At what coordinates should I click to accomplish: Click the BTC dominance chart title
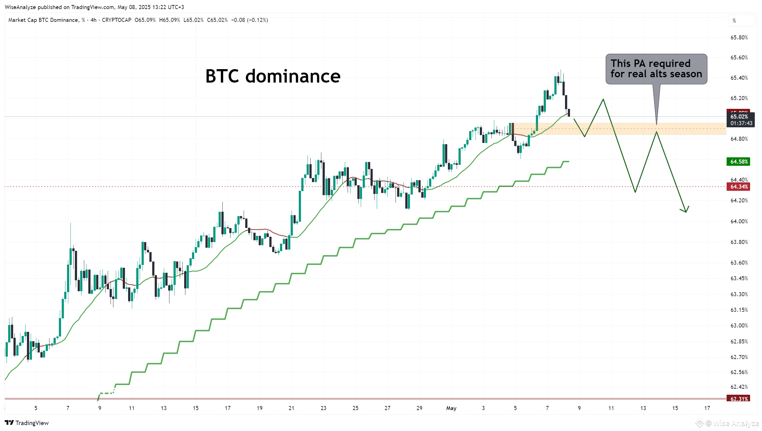(x=273, y=76)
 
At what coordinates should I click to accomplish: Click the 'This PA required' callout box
(x=656, y=69)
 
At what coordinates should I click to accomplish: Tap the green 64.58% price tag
(x=738, y=162)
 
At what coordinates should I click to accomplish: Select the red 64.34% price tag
(x=738, y=187)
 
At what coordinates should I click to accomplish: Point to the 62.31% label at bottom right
(x=738, y=399)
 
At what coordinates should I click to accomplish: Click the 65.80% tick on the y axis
(x=739, y=38)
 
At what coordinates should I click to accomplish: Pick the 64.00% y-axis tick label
(x=739, y=221)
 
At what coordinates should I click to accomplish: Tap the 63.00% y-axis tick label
(x=739, y=326)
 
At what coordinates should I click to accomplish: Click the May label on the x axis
(x=451, y=408)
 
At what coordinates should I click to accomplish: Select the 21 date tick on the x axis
(x=292, y=408)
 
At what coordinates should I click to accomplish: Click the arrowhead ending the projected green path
(x=686, y=211)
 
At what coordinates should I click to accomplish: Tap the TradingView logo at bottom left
(x=27, y=423)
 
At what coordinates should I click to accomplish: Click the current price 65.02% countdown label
(x=741, y=120)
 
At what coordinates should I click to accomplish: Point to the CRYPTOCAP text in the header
(x=117, y=20)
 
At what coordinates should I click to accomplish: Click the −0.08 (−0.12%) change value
(x=250, y=20)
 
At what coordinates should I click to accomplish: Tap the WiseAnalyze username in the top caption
(x=20, y=7)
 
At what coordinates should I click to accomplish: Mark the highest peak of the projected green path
(x=603, y=99)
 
